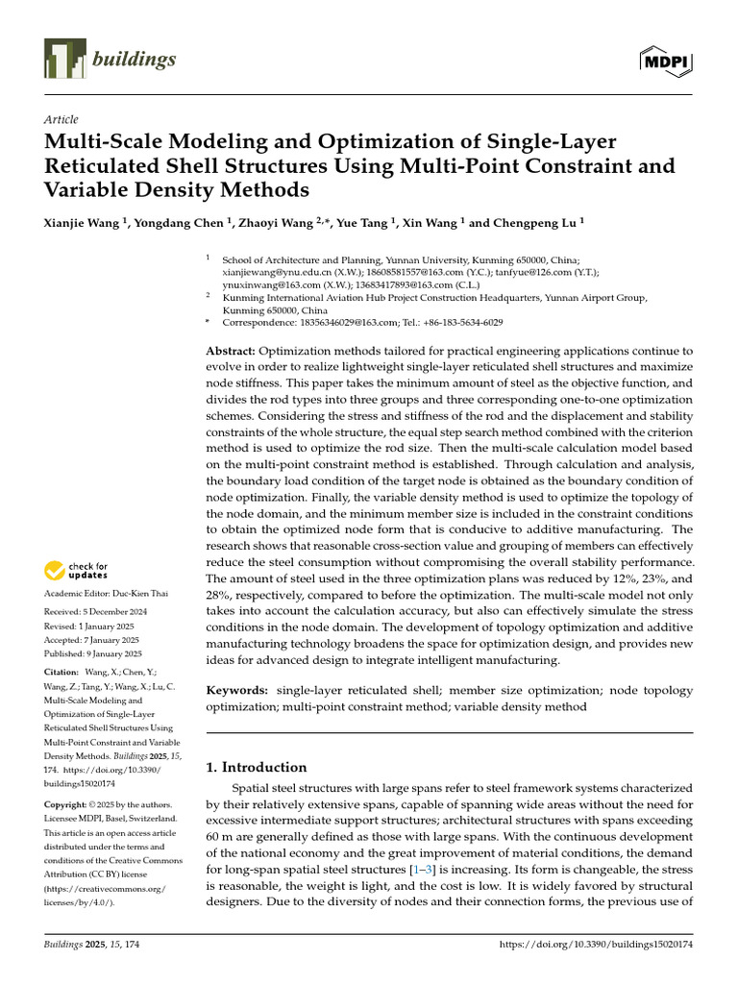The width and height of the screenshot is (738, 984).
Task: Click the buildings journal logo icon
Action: [65, 61]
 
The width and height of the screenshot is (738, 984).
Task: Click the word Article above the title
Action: [61, 119]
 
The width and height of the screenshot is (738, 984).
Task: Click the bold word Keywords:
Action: [237, 690]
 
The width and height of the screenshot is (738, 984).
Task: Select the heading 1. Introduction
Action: [257, 767]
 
